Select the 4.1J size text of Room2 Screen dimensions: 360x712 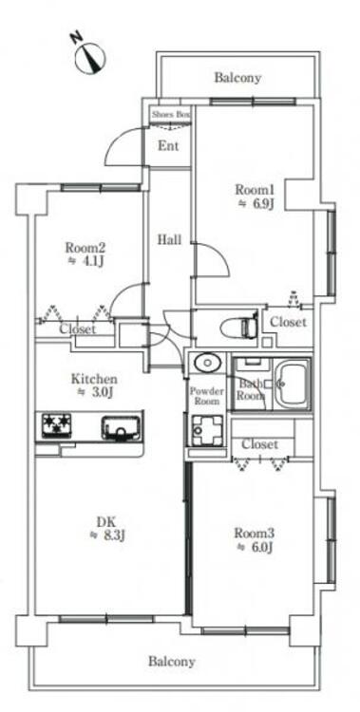click(90, 262)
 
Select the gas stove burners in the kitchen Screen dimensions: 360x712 click(57, 425)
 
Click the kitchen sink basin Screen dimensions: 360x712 click(121, 428)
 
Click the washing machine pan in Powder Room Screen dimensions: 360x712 click(207, 430)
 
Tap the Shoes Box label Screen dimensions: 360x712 click(170, 115)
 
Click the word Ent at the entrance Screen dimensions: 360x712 click(168, 146)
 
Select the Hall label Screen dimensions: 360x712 click(169, 239)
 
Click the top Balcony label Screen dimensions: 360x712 click(237, 78)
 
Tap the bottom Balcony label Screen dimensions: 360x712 click(172, 662)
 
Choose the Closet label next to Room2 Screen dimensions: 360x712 click(78, 328)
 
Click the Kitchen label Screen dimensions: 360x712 click(94, 379)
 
